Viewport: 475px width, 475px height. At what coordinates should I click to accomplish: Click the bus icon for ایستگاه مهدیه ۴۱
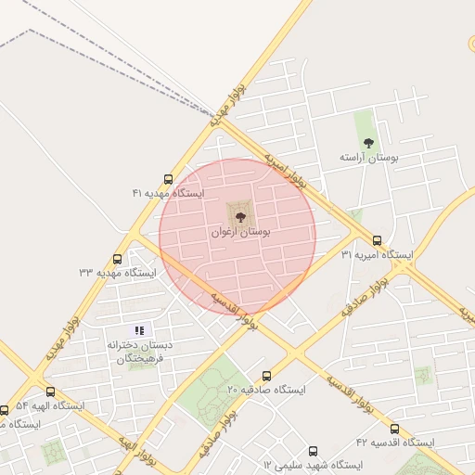(x=168, y=179)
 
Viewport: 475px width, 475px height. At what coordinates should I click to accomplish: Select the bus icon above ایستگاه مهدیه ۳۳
(x=117, y=259)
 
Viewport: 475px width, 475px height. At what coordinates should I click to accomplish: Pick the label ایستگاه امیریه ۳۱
(x=377, y=254)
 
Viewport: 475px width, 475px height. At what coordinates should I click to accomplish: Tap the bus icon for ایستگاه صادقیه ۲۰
(x=267, y=376)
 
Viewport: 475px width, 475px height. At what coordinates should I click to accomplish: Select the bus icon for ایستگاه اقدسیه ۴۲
(x=394, y=429)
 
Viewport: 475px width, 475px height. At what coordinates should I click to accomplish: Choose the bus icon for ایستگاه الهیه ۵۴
(x=50, y=392)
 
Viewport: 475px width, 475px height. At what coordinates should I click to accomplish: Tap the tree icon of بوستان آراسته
(x=368, y=143)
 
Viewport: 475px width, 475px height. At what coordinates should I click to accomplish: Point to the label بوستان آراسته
(x=368, y=159)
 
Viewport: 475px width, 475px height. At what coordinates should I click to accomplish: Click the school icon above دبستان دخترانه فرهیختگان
(x=140, y=329)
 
